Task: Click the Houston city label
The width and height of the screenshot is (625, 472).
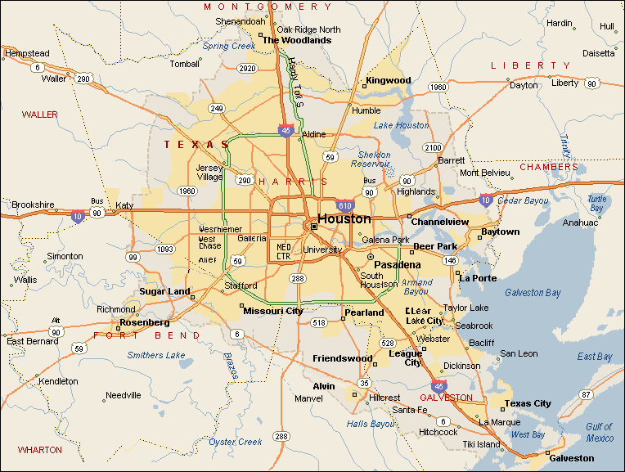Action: pyautogui.click(x=344, y=219)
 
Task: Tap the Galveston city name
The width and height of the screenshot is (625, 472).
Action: pyautogui.click(x=571, y=458)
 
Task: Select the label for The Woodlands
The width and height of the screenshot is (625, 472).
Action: pyautogui.click(x=296, y=40)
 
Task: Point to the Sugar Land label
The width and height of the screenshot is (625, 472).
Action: pyautogui.click(x=164, y=291)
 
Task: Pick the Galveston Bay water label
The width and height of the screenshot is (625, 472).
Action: pyautogui.click(x=533, y=292)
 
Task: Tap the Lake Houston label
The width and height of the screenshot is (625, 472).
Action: pyautogui.click(x=401, y=125)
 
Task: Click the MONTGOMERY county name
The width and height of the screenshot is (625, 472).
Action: pyautogui.click(x=268, y=7)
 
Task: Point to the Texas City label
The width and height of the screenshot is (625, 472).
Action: pyautogui.click(x=528, y=403)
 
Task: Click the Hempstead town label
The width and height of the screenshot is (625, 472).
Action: pyautogui.click(x=27, y=53)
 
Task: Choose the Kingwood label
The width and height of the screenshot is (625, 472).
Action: pyautogui.click(x=388, y=80)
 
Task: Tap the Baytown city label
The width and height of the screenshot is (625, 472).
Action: pyautogui.click(x=500, y=232)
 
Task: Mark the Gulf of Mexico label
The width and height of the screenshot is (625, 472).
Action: pyautogui.click(x=599, y=432)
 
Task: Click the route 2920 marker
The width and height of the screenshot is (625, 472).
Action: pyautogui.click(x=246, y=69)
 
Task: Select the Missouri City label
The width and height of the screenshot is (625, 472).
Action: pyautogui.click(x=273, y=311)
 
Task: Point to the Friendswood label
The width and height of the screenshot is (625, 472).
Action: pyautogui.click(x=342, y=358)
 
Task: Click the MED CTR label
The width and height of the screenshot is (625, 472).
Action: pyautogui.click(x=284, y=249)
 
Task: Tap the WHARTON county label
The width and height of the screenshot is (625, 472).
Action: pyautogui.click(x=39, y=450)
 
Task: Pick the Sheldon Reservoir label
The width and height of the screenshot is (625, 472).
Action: pyautogui.click(x=374, y=159)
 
